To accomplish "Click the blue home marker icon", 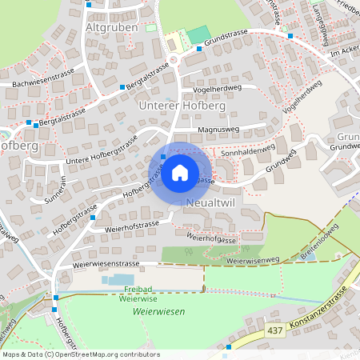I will tap(180, 172).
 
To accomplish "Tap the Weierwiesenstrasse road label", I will tap(106, 262).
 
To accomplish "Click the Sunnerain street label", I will tap(53, 192).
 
